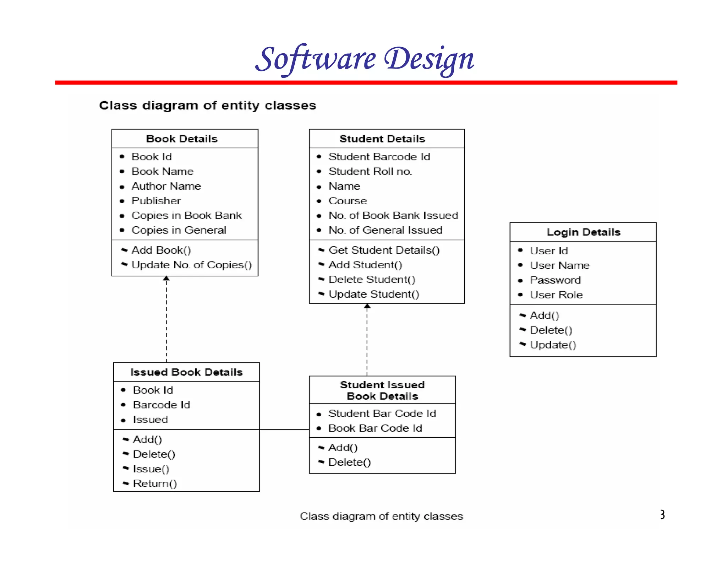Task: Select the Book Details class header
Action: tap(182, 139)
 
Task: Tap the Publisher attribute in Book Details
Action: tap(156, 201)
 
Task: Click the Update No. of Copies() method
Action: tap(191, 265)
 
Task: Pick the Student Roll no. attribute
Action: tap(370, 172)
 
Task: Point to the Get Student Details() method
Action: tap(384, 250)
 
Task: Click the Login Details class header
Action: tap(583, 232)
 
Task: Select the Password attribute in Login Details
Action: tap(555, 280)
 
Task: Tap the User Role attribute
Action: tap(556, 295)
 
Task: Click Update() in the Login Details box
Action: tap(553, 345)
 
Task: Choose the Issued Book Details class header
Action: tap(186, 372)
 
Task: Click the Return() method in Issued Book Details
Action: tap(155, 484)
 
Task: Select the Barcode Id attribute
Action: tap(162, 405)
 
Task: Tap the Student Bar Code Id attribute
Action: tap(382, 414)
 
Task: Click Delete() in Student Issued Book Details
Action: tap(349, 463)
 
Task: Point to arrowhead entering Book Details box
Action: tap(166, 279)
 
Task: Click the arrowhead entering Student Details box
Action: tap(367, 306)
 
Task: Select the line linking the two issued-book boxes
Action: tap(284, 429)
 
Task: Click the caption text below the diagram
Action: tap(381, 516)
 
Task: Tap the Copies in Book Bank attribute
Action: tap(186, 216)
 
